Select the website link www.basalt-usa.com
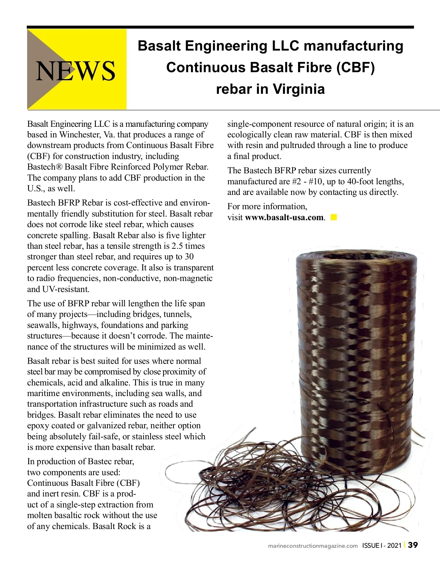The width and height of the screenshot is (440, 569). pos(284,217)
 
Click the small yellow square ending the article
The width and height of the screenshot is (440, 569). pos(333,217)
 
